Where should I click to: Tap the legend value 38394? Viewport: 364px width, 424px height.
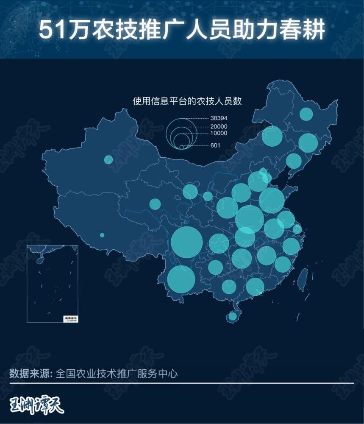(219, 118)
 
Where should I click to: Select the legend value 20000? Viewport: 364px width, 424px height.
(219, 127)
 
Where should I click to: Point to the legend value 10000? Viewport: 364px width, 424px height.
(219, 133)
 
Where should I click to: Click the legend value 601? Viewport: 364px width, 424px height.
(215, 146)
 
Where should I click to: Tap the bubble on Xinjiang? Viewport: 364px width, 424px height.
(108, 159)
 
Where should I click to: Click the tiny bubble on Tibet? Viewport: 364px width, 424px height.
(102, 235)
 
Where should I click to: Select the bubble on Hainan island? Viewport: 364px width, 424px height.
(232, 316)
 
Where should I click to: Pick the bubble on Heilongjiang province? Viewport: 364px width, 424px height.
(306, 114)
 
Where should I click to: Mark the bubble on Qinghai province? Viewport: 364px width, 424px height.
(155, 204)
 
